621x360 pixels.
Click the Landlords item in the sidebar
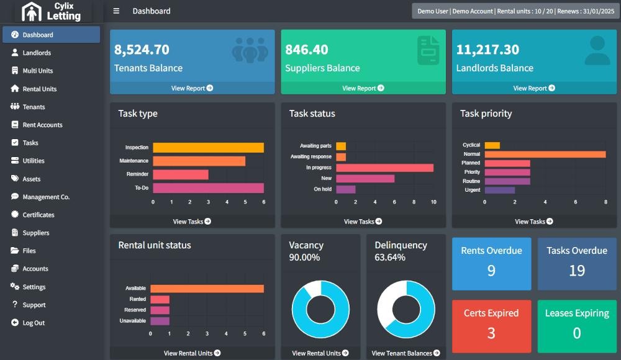37,53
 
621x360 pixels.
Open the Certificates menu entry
39,215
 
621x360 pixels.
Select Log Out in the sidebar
34,323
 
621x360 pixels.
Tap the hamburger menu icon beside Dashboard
116,11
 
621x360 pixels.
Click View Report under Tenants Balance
192,88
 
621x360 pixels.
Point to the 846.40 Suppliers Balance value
307,50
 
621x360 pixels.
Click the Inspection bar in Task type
208,147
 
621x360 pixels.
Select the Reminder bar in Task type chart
181,174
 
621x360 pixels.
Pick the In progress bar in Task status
384,168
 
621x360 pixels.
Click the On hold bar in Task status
346,189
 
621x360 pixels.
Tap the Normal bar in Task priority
545,154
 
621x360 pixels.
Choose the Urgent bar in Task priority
500,190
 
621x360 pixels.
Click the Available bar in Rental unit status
207,289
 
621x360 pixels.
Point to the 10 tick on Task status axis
433,202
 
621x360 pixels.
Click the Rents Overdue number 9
491,271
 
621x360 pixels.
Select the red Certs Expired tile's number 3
491,333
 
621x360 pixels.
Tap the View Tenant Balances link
406,353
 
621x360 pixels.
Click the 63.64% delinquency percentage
390,258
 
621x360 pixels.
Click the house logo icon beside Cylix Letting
31,12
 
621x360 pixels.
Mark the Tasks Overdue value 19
577,271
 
